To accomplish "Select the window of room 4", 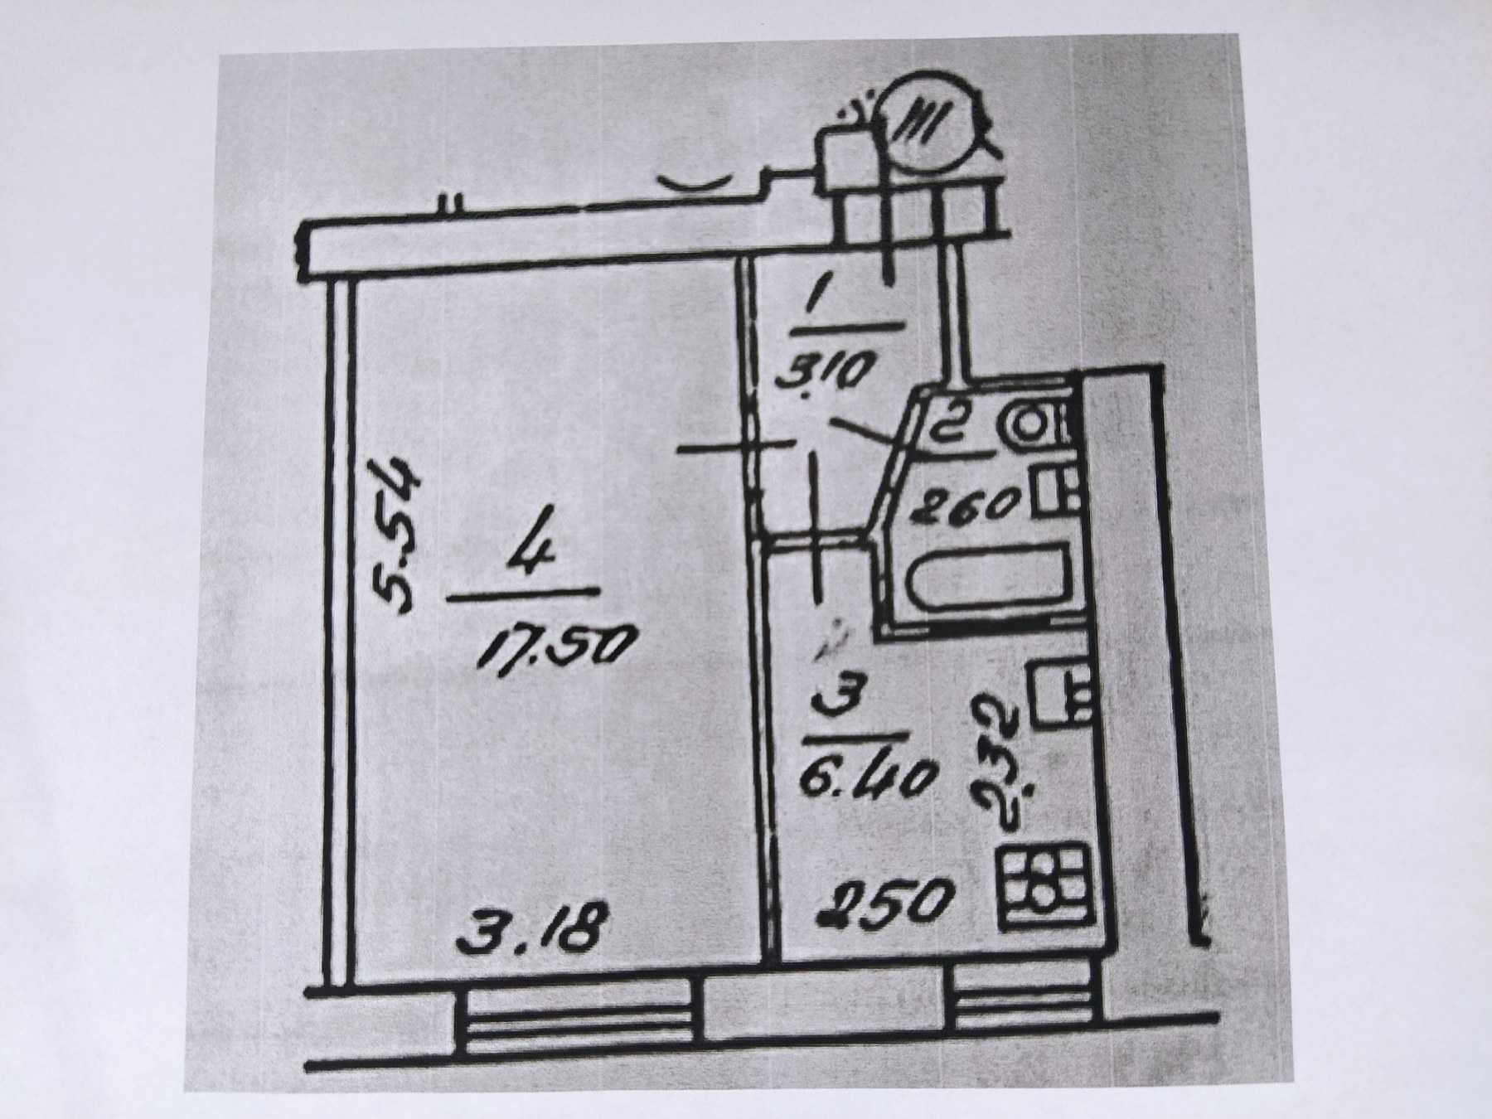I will [579, 1028].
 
